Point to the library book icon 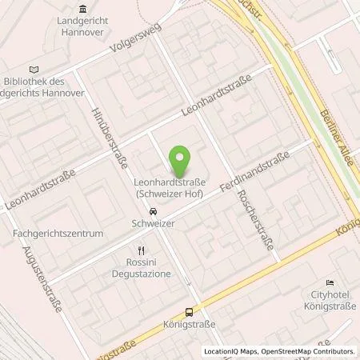33,70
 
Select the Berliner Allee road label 338,94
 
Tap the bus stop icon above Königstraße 190,313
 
